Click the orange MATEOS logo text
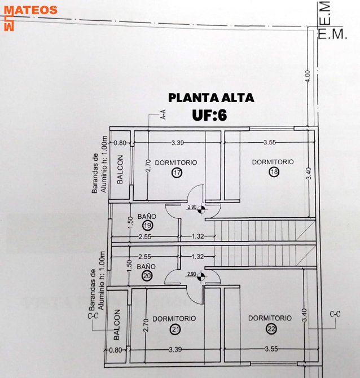click(31, 10)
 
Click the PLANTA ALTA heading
click(211, 98)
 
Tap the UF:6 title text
click(209, 115)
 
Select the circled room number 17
click(177, 173)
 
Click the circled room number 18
click(274, 172)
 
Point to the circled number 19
click(148, 226)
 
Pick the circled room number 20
click(147, 275)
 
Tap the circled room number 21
click(175, 329)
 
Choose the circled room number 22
click(271, 328)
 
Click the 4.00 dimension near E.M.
click(308, 76)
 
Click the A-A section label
click(163, 115)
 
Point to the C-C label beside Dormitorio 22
click(335, 314)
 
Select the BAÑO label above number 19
click(147, 217)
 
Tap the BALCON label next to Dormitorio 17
click(120, 169)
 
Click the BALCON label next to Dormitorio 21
click(117, 325)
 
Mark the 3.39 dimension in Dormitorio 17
click(178, 143)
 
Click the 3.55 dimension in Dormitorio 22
click(271, 349)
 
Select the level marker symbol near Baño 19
click(201, 210)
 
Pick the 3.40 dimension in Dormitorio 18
click(309, 174)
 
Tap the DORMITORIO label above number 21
click(174, 319)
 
